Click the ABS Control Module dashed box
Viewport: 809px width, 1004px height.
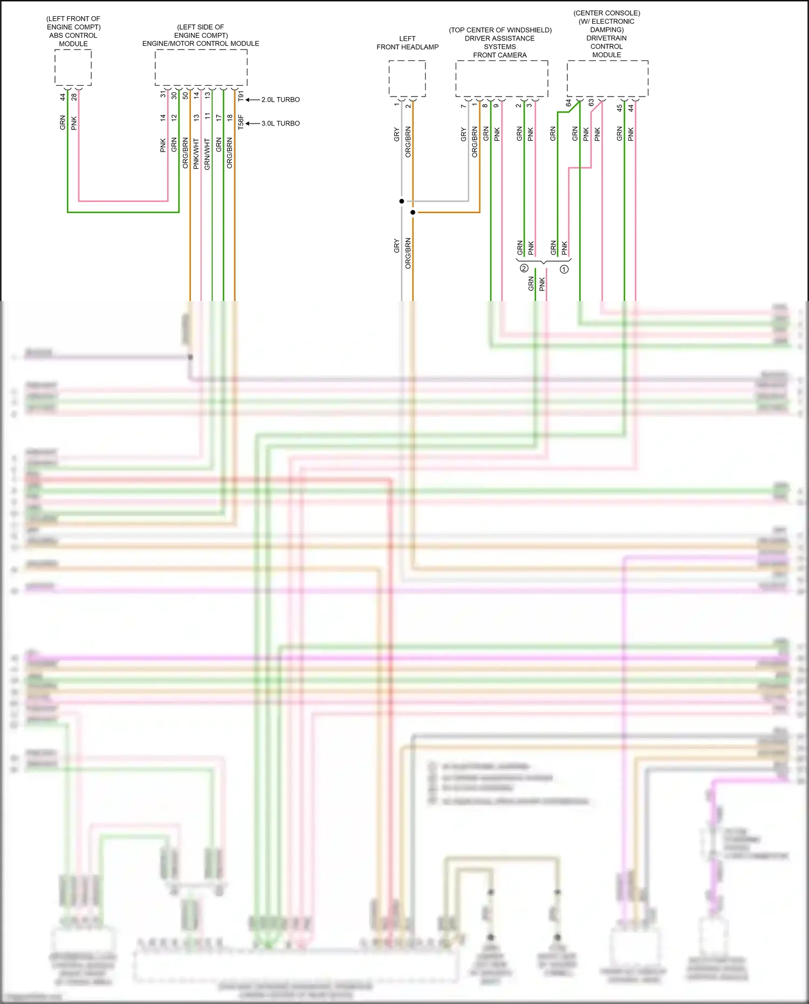tap(73, 67)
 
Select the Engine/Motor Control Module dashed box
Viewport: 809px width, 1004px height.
tap(201, 67)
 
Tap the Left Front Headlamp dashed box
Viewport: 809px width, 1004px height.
tap(407, 79)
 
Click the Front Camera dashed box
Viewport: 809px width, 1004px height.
tap(502, 79)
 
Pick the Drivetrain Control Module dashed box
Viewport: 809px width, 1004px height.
tap(607, 79)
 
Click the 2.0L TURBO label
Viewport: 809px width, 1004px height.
tap(280, 100)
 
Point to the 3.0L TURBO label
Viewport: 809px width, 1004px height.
tap(280, 124)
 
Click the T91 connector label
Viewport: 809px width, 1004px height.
tap(241, 96)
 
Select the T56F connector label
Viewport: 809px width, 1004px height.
tap(241, 122)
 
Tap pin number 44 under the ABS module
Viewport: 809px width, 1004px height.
tap(63, 97)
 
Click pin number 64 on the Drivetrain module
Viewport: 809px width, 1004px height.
tap(568, 103)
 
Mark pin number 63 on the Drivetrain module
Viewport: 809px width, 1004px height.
tap(591, 103)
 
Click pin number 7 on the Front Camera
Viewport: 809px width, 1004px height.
tap(463, 106)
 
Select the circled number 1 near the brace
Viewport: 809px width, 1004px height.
tap(564, 269)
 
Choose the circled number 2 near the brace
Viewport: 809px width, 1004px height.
tap(524, 268)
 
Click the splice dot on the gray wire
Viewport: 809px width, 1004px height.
tap(402, 201)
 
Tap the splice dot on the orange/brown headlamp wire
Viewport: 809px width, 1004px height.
tap(413, 213)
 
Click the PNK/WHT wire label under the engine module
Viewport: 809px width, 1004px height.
tap(196, 154)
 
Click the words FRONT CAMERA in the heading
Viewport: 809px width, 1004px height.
tap(500, 55)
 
